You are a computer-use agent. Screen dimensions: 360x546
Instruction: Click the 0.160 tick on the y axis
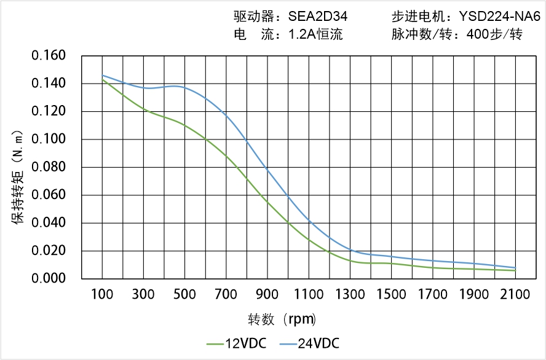coord(48,56)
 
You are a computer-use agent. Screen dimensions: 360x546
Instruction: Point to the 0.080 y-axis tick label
coord(48,168)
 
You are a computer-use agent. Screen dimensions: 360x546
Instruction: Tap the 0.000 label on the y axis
coord(48,279)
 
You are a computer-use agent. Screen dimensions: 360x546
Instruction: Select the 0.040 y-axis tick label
coord(48,224)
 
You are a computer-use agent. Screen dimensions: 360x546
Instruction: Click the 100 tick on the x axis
coord(102,294)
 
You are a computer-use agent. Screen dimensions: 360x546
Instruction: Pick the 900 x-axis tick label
coord(267,294)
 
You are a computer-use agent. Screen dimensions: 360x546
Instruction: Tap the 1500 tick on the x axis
coord(391,294)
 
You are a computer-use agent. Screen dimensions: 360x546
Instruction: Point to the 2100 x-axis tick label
coord(515,294)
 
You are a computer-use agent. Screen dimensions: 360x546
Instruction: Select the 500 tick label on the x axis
coord(184,294)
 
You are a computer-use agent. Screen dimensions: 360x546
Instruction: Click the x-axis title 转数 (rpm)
coord(282,319)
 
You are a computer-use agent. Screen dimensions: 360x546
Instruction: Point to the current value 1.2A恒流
coord(316,35)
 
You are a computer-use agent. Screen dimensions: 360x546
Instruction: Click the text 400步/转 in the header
coord(494,35)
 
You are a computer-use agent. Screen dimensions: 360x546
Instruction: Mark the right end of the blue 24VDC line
coord(515,268)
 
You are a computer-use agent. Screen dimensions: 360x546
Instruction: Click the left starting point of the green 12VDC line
coord(102,80)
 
